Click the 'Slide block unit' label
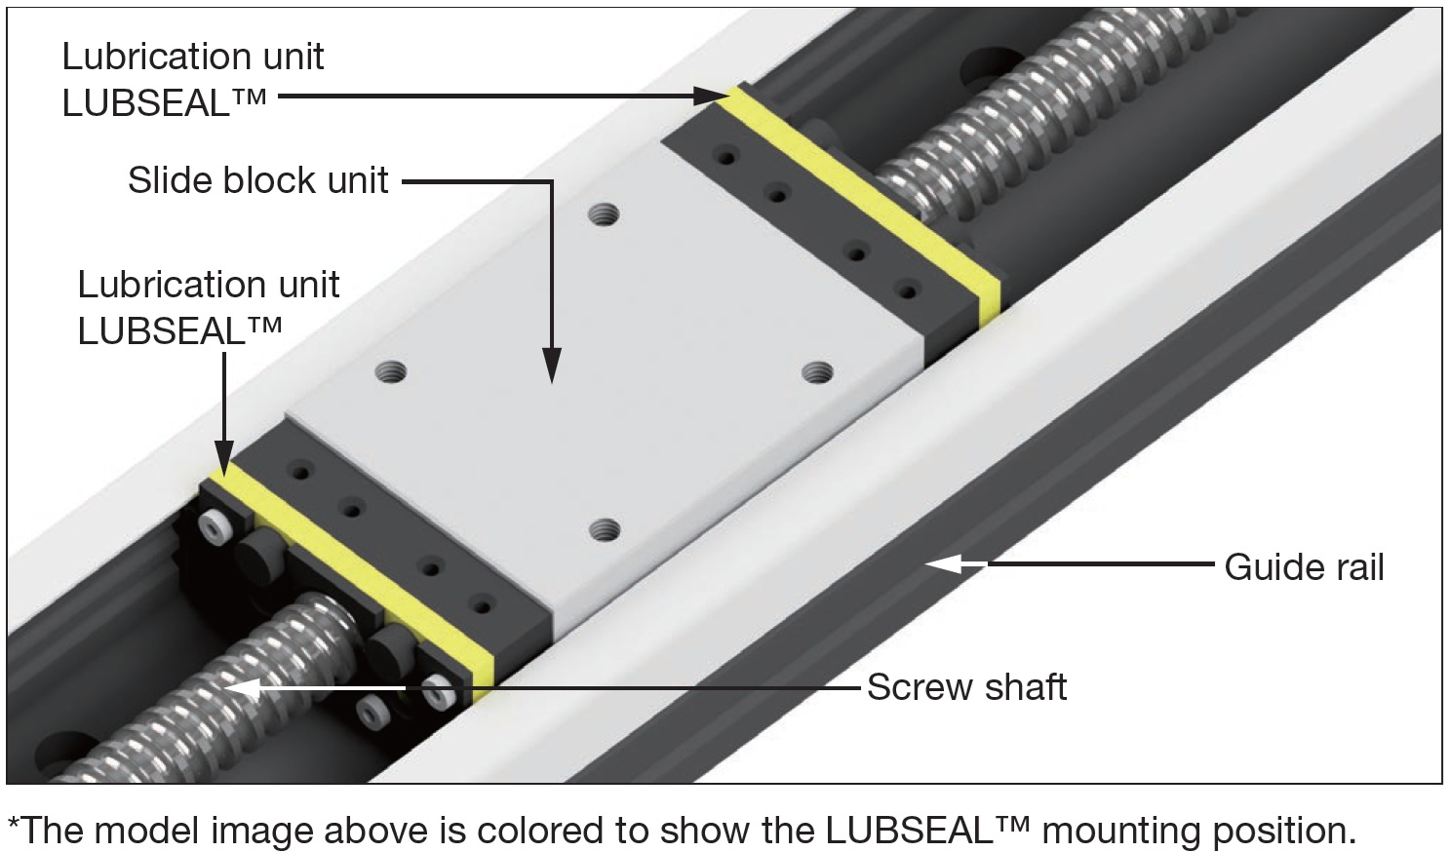click(258, 180)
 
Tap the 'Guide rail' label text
click(1304, 567)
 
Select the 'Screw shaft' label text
click(966, 687)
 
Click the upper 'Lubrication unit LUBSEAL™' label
click(193, 79)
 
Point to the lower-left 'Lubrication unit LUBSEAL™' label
click(209, 307)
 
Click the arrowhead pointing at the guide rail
click(941, 563)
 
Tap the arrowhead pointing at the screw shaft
click(244, 686)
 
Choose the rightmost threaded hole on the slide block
click(817, 371)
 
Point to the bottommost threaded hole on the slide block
click(605, 530)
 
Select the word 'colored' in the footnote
click(542, 830)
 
